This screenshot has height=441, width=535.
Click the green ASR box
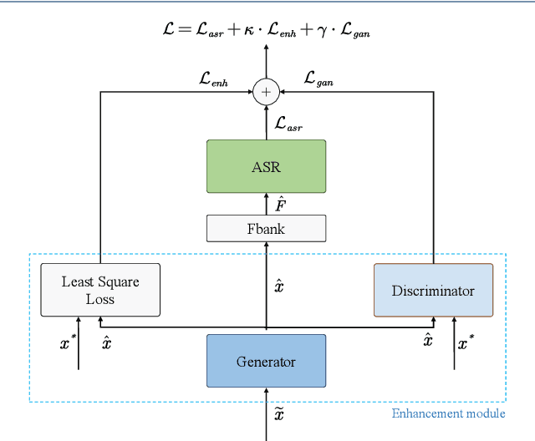point(266,166)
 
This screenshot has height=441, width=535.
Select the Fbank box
point(266,228)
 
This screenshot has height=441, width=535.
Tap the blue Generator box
point(266,361)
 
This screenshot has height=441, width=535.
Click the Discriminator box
point(433,290)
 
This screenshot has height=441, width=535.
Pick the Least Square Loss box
point(100,290)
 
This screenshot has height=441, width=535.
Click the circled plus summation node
point(266,93)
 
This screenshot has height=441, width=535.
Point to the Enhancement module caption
point(448,413)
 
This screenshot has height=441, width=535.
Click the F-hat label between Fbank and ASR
point(282,203)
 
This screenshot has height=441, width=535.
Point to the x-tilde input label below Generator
point(280,412)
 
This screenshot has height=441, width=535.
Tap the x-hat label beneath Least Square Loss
point(106,342)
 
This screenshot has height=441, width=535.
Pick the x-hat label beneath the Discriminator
point(427,339)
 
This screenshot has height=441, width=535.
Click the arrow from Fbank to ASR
point(266,204)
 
